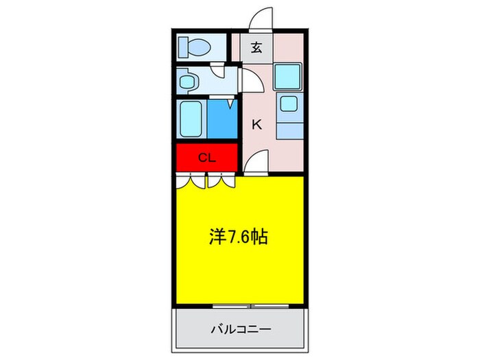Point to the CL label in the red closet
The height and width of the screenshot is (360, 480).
click(x=207, y=158)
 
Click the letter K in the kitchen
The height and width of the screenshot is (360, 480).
click(x=257, y=125)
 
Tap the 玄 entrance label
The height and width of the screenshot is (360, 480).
click(x=256, y=48)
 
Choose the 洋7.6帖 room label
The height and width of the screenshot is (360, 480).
click(x=238, y=237)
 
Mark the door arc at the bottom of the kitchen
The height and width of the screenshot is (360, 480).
click(x=255, y=163)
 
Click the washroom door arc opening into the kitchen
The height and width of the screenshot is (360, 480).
click(x=251, y=80)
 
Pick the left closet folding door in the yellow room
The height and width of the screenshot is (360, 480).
click(x=191, y=182)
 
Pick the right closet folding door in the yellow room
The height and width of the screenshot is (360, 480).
click(x=221, y=182)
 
